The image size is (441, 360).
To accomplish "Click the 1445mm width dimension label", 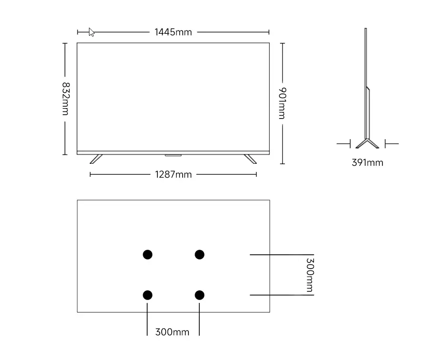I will tap(173, 32).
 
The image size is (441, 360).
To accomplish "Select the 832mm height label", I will tap(65, 99).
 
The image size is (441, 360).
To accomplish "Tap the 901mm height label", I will tap(282, 103).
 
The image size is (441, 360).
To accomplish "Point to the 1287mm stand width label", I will tap(173, 175).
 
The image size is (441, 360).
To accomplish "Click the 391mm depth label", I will tap(367, 163).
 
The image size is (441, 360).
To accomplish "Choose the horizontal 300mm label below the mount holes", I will tap(172, 332).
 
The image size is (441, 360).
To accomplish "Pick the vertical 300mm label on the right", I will tap(309, 275).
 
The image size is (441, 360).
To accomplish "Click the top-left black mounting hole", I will tap(147, 254).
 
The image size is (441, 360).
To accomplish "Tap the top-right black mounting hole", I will tap(199, 254).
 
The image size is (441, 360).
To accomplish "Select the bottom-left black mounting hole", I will tap(147, 295).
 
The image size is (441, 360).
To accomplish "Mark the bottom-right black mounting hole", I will tap(199, 295).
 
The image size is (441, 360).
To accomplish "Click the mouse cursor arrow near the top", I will tap(91, 32).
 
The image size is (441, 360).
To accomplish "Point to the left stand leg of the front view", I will tap(96, 159).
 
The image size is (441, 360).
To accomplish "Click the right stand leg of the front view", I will tap(251, 159).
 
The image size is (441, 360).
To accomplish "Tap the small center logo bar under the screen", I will tap(173, 155).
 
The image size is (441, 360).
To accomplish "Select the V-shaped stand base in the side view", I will tap(367, 144).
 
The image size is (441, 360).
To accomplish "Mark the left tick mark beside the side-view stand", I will tap(343, 143).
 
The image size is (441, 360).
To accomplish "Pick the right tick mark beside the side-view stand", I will tap(392, 143).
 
